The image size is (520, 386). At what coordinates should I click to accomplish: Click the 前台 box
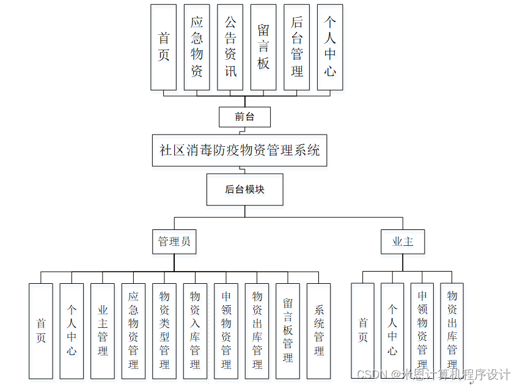coord(244,116)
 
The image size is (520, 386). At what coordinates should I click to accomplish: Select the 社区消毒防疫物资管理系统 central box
coord(240,150)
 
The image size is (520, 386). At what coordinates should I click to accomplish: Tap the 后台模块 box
coord(244,189)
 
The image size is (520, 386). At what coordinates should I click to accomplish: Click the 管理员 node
coord(174,241)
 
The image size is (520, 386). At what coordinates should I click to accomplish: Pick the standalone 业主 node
coord(403,242)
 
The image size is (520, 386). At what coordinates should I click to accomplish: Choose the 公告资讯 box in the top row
coord(230,47)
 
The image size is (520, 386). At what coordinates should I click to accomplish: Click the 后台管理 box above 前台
coord(297,47)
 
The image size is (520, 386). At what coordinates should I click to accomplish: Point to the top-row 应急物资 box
coord(197,47)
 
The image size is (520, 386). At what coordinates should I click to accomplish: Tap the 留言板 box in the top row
coord(263,47)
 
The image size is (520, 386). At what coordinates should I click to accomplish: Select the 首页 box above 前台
coord(164,47)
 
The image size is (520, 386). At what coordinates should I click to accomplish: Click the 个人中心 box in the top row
coord(330,47)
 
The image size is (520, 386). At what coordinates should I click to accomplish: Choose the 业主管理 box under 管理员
coord(103,330)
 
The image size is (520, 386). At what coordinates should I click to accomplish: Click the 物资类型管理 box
coord(164,330)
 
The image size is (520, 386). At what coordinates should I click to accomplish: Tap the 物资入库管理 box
coord(195,330)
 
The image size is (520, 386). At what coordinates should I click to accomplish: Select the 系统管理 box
coord(319,330)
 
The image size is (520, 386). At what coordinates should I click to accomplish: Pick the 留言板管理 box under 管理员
coord(288,330)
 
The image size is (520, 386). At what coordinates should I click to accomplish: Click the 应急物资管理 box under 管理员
coord(133,330)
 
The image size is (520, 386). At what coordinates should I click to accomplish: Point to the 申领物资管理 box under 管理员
coord(226,330)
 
